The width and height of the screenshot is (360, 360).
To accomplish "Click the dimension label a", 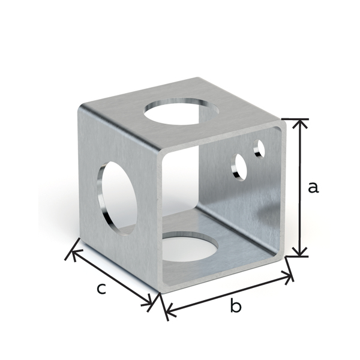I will pyautogui.click(x=313, y=187).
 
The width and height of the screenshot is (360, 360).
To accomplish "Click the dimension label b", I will pyautogui.click(x=236, y=307).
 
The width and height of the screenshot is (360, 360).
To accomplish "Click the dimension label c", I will pyautogui.click(x=102, y=289).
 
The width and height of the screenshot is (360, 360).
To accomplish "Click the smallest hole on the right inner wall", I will pyautogui.click(x=260, y=148).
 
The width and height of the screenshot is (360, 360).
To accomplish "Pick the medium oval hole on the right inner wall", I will pyautogui.click(x=240, y=167).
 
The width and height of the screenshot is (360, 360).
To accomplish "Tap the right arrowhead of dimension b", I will pyautogui.click(x=290, y=277).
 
